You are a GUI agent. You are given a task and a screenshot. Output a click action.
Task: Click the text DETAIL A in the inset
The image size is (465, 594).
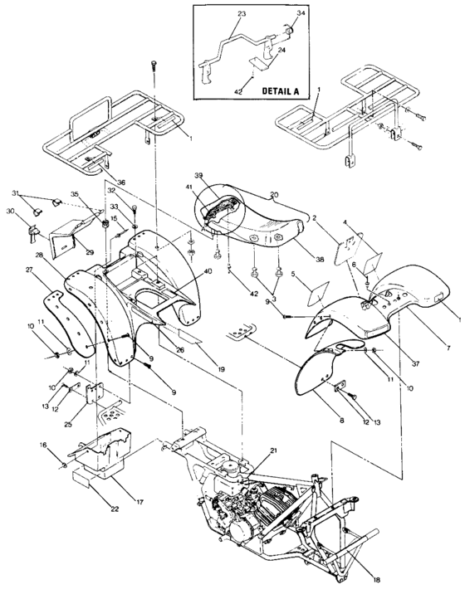[263, 88]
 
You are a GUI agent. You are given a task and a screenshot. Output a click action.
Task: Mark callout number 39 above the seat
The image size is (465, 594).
[199, 177]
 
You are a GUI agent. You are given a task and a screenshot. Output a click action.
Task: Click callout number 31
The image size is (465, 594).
[38, 193]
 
